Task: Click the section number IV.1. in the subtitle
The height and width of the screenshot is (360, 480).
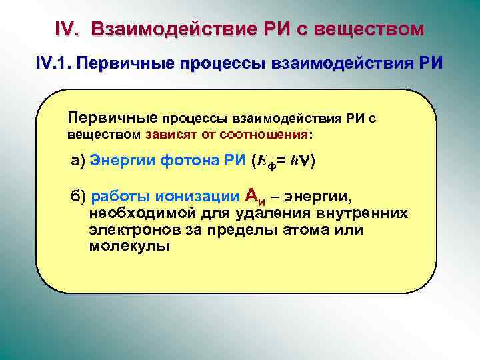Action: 54,65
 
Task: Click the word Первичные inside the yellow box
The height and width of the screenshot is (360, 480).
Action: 111,119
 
